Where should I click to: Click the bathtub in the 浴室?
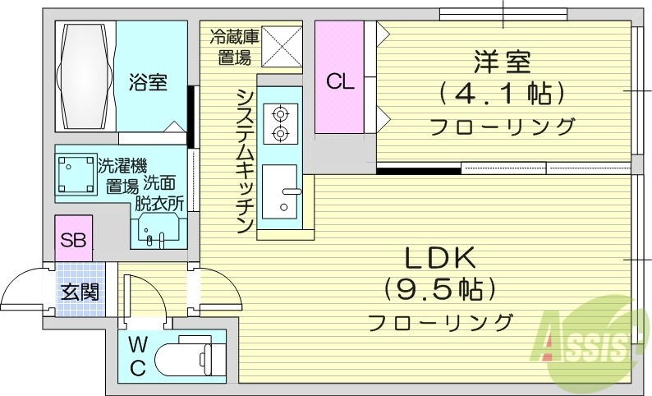(85, 76)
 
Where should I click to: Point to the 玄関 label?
(80, 291)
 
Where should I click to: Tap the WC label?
(138, 356)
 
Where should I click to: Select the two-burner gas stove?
(280, 122)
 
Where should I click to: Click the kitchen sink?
(280, 194)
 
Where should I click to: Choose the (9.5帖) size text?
(440, 288)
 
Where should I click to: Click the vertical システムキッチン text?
(244, 161)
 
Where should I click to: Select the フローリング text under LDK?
(440, 321)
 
